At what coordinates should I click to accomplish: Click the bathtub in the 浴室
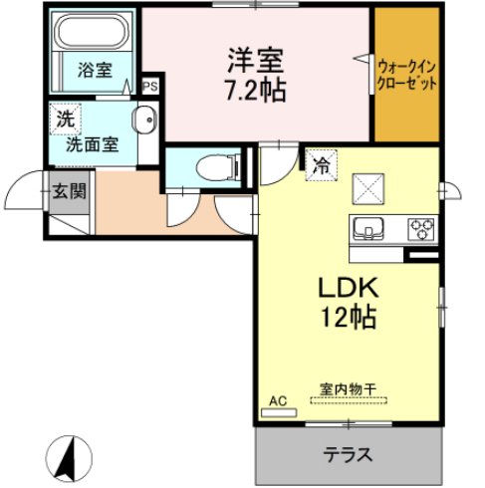(92, 32)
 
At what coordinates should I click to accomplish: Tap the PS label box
(150, 87)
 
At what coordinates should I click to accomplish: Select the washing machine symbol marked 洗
(65, 119)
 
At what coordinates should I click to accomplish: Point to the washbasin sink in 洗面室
(144, 120)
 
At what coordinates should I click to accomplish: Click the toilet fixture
(219, 167)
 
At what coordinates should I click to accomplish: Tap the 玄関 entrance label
(70, 191)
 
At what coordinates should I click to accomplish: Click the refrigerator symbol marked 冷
(322, 165)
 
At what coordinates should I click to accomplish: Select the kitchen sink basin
(368, 228)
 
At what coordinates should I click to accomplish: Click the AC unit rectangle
(279, 412)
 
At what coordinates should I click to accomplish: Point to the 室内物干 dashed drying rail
(349, 400)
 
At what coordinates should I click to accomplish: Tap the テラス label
(348, 454)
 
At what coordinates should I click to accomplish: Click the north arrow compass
(69, 458)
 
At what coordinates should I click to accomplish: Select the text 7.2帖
(256, 91)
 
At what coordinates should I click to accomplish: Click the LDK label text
(349, 288)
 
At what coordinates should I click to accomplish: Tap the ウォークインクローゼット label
(406, 76)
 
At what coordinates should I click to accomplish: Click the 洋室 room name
(255, 61)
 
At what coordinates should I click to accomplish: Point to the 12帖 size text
(348, 317)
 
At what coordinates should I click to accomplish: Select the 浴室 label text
(95, 70)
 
